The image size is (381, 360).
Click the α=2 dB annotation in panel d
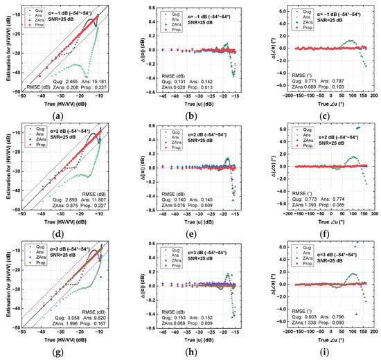(x=62, y=129)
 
